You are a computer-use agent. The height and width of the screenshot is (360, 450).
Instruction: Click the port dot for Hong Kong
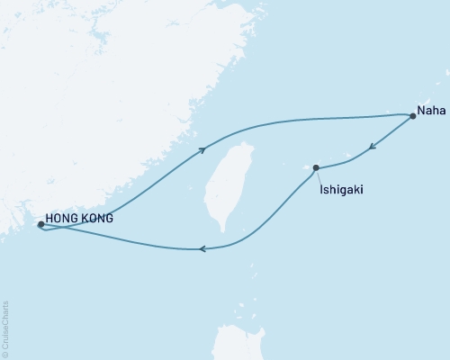40,225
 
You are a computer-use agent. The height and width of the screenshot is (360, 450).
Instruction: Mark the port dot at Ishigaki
316,166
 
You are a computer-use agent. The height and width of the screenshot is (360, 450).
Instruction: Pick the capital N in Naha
419,115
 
